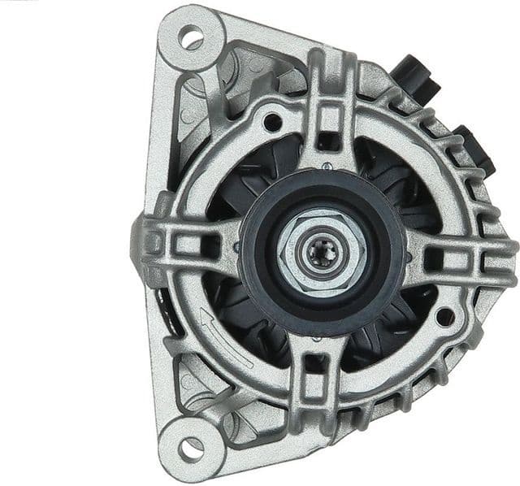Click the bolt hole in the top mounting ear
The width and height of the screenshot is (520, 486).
[x=191, y=36]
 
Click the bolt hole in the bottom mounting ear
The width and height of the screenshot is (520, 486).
[x=191, y=446]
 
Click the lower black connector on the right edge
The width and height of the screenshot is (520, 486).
[x=476, y=150]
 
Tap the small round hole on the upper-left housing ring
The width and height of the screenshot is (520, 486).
[x=273, y=123]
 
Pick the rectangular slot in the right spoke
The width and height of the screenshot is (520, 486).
[x=435, y=259]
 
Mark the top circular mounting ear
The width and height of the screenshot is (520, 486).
[x=191, y=36]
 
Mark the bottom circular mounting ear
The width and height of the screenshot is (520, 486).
[x=191, y=446]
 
